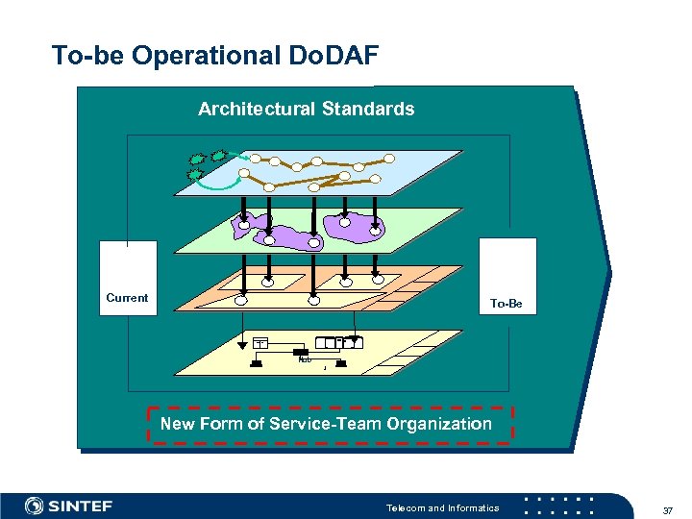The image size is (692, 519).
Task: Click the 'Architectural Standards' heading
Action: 306,110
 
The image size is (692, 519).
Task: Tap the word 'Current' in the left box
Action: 127,298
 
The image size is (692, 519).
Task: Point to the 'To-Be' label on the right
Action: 506,304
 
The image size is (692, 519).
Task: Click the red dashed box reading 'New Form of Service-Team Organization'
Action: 330,424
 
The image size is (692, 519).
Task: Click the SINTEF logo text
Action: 81,506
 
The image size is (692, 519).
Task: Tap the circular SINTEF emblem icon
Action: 35,506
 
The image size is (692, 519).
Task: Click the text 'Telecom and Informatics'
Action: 442,507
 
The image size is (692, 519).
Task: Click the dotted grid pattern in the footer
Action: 561,506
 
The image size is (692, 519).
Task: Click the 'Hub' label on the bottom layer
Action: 305,360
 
